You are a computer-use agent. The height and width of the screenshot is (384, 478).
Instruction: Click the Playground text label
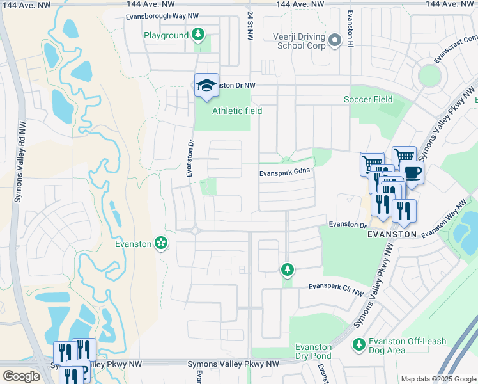coord(166,35)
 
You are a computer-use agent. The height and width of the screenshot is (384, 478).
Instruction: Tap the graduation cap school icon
coord(206,86)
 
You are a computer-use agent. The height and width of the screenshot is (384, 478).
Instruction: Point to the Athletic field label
coord(237,111)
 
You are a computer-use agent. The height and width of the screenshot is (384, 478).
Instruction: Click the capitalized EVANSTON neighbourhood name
coord(392,235)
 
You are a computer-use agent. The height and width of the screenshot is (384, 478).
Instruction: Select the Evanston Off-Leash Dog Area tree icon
coord(359,345)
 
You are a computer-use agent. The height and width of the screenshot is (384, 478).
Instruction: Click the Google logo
coord(21,376)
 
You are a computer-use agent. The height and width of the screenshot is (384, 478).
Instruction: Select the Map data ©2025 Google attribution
coord(437,379)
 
